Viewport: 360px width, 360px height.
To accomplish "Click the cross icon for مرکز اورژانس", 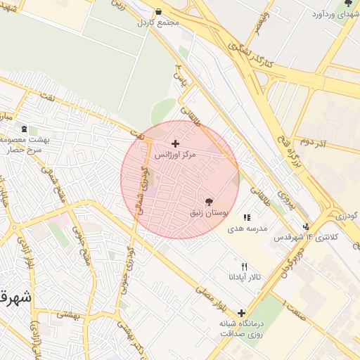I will pos(175,143).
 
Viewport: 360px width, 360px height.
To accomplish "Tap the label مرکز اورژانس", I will pos(175,153).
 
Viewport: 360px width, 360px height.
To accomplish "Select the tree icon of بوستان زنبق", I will pos(207,202).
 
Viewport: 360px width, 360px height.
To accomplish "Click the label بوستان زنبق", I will pos(207,212).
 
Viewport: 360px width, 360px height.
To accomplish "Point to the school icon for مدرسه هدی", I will pos(246,218).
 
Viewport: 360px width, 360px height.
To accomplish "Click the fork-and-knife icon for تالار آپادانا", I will pos(244,267).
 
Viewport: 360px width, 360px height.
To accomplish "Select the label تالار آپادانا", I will pos(244,278).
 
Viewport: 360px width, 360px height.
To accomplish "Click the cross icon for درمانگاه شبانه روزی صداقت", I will pos(242,313).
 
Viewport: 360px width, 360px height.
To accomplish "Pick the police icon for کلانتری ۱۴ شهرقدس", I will pos(306,226).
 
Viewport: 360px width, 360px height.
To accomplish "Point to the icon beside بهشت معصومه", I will pos(25,129).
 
